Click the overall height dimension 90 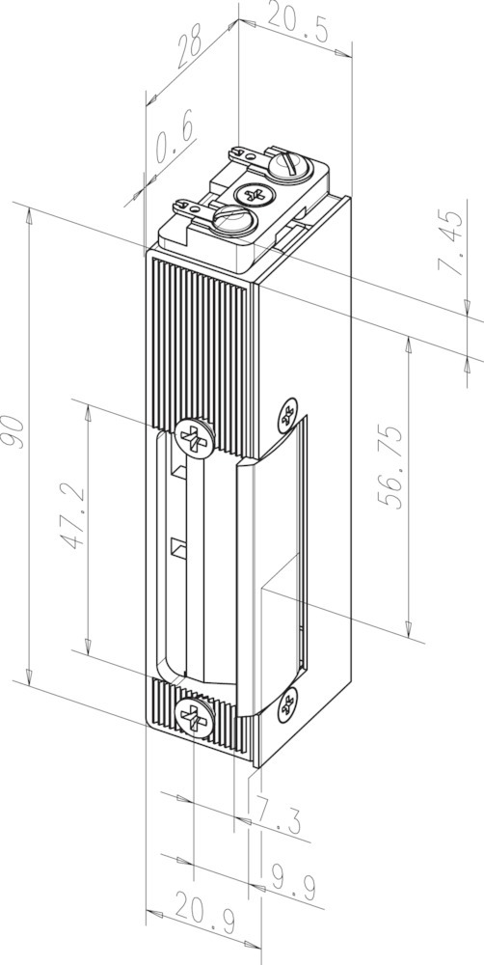pos(13,432)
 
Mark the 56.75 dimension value pos(390,466)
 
